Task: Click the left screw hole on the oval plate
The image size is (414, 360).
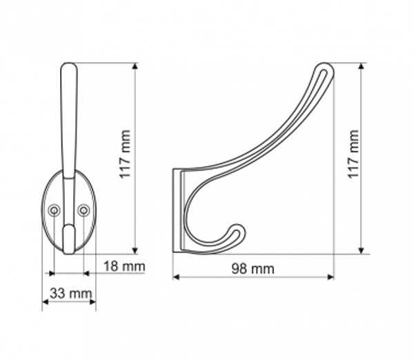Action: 55,209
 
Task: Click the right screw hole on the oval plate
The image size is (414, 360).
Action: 83,209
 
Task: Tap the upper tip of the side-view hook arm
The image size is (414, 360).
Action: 325,68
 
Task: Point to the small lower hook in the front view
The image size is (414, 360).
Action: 69,238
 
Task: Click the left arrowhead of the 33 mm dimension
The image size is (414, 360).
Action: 46,301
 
